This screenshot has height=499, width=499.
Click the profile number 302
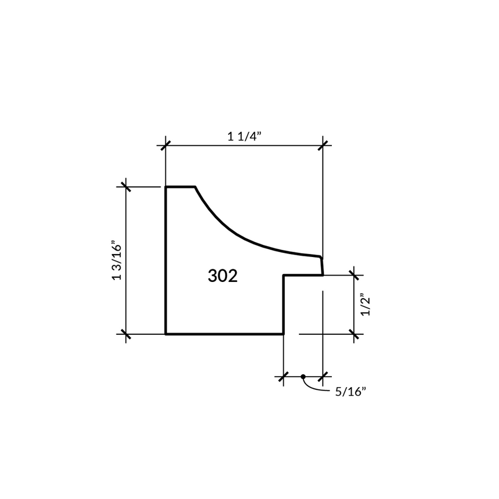[223, 276]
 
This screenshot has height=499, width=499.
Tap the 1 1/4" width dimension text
[244, 136]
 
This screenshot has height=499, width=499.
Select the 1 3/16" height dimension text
[117, 262]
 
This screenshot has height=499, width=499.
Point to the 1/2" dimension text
[366, 306]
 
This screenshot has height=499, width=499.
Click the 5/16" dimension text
[350, 392]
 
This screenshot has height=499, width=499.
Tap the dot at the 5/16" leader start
[303, 377]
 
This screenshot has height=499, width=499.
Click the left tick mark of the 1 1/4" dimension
[165, 146]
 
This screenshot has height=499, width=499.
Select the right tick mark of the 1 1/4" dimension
[323, 146]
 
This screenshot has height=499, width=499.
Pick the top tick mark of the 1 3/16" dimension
[126, 186]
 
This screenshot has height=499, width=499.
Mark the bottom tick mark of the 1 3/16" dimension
[126, 334]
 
